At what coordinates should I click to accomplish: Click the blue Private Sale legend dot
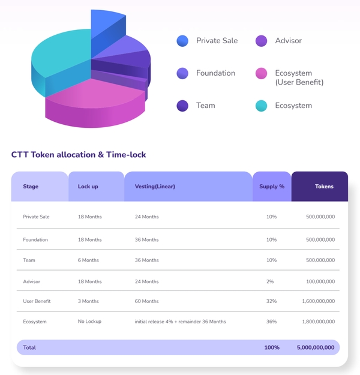coord(182,41)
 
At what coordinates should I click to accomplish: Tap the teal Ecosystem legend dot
coord(261,106)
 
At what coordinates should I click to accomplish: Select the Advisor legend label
coord(288,41)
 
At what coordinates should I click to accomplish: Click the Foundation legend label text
coord(215,73)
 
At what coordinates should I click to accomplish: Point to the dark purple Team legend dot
coord(182,106)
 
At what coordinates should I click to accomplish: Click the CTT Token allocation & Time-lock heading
coord(79,155)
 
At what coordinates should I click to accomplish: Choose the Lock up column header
coord(88,187)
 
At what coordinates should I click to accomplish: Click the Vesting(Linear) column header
coord(155,187)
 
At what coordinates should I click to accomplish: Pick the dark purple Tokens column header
coord(324,187)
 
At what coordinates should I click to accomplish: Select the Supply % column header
coord(272,187)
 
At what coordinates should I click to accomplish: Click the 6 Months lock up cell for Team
coord(88,260)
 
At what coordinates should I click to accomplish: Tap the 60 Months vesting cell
coord(147,301)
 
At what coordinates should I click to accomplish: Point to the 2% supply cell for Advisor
coord(271,281)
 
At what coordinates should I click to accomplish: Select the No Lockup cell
coord(89,322)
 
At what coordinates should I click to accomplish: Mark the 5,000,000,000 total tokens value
coord(316,347)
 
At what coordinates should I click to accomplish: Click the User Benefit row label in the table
coord(37,301)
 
